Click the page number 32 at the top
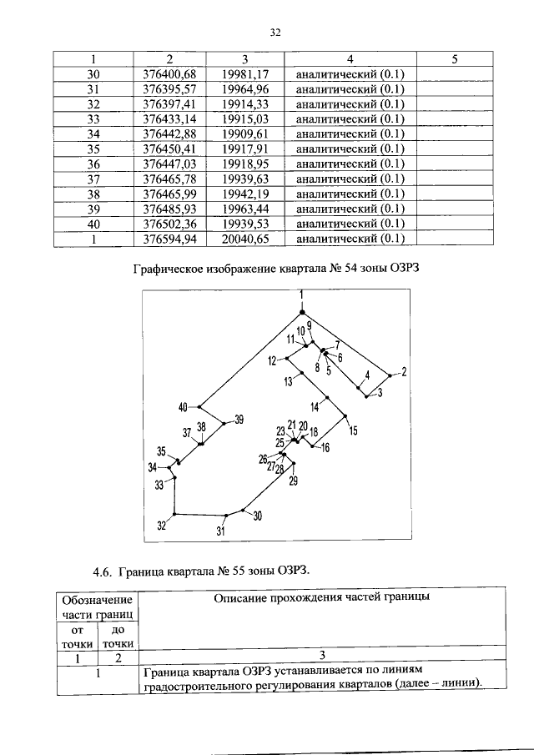pyautogui.click(x=276, y=33)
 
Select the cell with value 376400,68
pyautogui.click(x=169, y=74)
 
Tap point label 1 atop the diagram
pyautogui.click(x=302, y=294)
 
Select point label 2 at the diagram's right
pyautogui.click(x=403, y=371)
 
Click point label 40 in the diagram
pyautogui.click(x=183, y=407)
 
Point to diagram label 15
pyautogui.click(x=352, y=430)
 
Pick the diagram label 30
pyautogui.click(x=257, y=516)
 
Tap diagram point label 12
pyautogui.click(x=273, y=360)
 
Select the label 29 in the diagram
pyautogui.click(x=293, y=480)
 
